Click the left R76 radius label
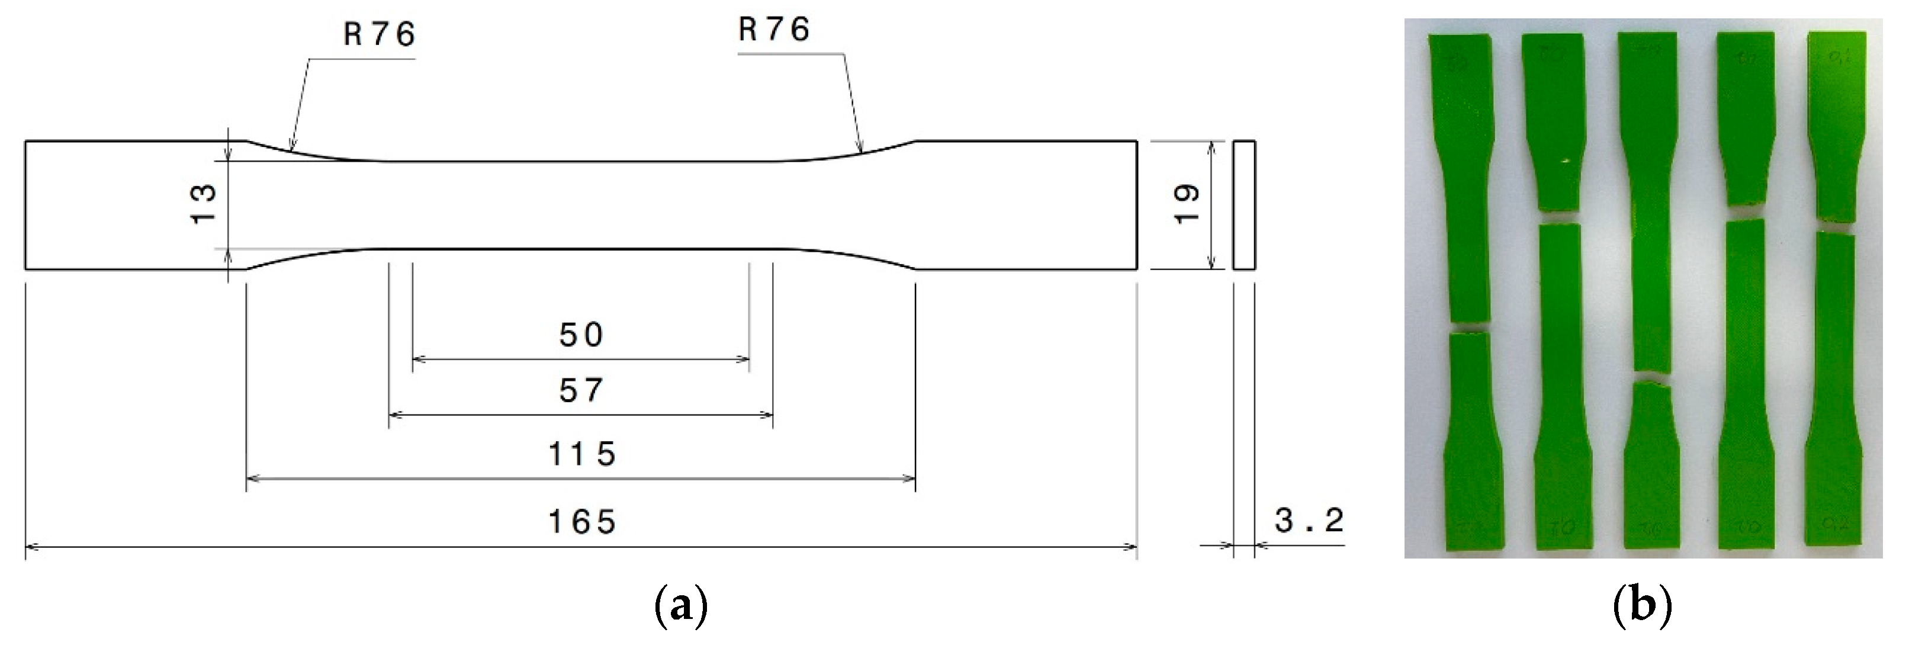(x=380, y=35)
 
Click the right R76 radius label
(x=774, y=30)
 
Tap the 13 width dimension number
(x=204, y=204)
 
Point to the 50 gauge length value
(x=581, y=335)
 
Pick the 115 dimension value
(x=581, y=454)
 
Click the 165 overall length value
(x=581, y=522)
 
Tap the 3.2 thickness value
(x=1309, y=521)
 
